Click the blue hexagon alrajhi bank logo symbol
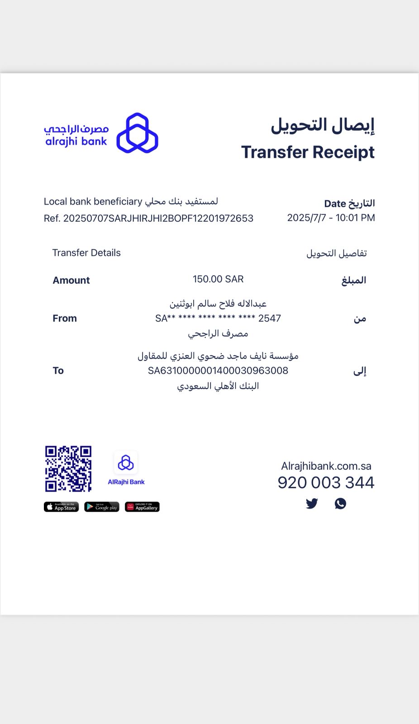137,133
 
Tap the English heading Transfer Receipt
308,152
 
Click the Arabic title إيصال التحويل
322,125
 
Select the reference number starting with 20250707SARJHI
158,218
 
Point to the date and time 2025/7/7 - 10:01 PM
331,218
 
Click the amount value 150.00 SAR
218,279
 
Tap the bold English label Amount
71,280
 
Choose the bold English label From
65,318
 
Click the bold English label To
58,371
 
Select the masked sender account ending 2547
218,319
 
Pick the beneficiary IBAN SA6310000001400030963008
218,371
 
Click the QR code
68,469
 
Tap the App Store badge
61,507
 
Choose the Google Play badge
102,507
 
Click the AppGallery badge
142,507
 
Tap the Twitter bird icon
312,504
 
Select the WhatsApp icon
340,504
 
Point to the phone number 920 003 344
326,483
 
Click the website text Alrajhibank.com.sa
326,466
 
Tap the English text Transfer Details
86,252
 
